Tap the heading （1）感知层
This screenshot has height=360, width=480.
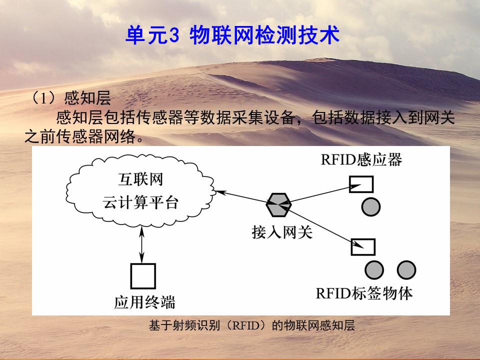[71, 98]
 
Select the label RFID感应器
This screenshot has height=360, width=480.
[361, 159]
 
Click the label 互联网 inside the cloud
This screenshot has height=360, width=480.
[140, 179]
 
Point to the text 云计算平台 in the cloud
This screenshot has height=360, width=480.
[140, 202]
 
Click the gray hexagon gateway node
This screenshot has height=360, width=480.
[278, 205]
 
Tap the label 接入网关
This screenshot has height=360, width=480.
[282, 232]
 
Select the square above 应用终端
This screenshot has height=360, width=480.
[143, 276]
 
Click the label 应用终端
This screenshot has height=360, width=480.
[144, 302]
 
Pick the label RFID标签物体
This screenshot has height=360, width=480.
[364, 293]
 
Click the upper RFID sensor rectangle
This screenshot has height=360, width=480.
[361, 184]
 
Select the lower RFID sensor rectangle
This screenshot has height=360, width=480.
[363, 247]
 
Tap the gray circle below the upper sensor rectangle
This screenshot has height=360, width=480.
[370, 206]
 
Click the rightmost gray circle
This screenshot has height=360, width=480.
[406, 270]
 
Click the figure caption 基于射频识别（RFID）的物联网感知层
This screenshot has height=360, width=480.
[251, 325]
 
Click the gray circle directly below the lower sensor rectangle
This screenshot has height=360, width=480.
[374, 270]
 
